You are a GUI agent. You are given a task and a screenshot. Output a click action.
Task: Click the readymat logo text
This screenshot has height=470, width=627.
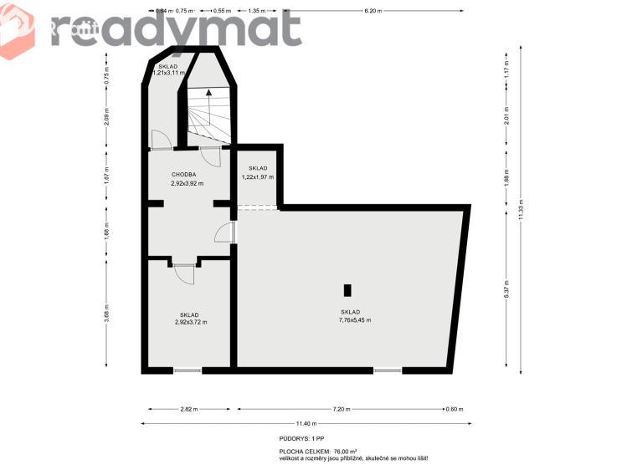tap(176, 29)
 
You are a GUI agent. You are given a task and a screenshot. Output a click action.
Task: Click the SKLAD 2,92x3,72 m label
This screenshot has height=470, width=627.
tap(190, 319)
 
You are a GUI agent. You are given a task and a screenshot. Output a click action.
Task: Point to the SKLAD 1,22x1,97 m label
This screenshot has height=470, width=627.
tap(257, 173)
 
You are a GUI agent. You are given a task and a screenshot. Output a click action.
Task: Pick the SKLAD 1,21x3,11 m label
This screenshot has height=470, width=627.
tap(167, 69)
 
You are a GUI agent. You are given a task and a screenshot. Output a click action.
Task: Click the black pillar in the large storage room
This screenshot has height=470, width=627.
tap(347, 290)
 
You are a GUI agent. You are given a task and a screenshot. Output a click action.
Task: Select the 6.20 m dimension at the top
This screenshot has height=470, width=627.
tap(373, 12)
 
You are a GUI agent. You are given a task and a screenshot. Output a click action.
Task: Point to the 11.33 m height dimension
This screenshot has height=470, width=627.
tap(521, 208)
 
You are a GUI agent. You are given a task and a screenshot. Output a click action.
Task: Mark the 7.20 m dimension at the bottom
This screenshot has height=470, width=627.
tap(341, 409)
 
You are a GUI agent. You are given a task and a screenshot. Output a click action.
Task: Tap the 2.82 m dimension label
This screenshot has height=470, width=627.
tap(190, 409)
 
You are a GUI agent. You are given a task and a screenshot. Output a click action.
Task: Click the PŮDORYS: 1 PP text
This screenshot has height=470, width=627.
tap(301, 438)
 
